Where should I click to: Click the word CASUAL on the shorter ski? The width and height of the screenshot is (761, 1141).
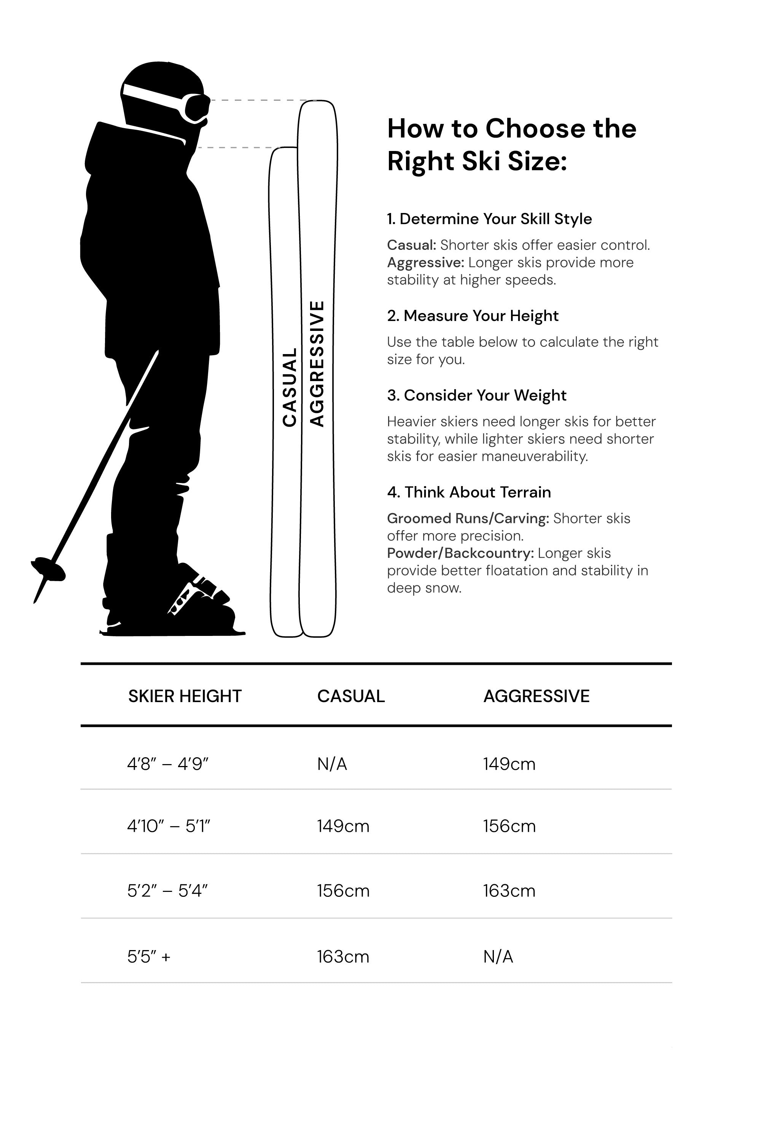pyautogui.click(x=290, y=387)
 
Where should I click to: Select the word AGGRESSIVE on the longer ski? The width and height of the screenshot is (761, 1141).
pyautogui.click(x=317, y=364)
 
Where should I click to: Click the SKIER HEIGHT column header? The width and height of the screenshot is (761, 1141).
pyautogui.click(x=185, y=696)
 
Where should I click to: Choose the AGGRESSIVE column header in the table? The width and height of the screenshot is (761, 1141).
pyautogui.click(x=536, y=696)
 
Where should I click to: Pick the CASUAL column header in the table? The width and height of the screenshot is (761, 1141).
pyautogui.click(x=350, y=696)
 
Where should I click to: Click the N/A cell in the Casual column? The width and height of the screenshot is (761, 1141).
pyautogui.click(x=332, y=764)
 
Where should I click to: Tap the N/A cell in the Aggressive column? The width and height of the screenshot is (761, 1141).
pyautogui.click(x=498, y=957)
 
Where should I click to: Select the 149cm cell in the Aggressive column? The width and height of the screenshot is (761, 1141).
pyautogui.click(x=509, y=764)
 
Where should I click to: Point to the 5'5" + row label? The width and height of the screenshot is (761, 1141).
pyautogui.click(x=148, y=957)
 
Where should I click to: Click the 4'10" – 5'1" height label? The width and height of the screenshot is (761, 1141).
pyautogui.click(x=169, y=826)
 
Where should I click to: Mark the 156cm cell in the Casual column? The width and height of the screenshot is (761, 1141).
pyautogui.click(x=343, y=891)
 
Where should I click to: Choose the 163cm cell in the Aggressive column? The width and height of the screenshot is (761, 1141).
pyautogui.click(x=509, y=891)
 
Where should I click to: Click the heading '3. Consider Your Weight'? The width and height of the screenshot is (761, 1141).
pyautogui.click(x=477, y=396)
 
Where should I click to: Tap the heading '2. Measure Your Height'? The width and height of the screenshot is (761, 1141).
pyautogui.click(x=473, y=316)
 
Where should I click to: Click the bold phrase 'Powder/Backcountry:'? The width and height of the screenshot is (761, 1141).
pyautogui.click(x=460, y=553)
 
